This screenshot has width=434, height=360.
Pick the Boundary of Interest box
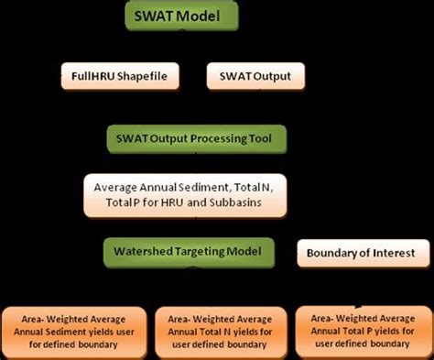[363, 252]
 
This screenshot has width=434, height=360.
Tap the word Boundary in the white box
[333, 252]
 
